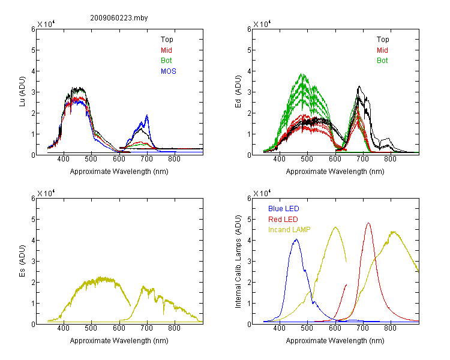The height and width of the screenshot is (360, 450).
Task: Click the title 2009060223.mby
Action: coord(119,18)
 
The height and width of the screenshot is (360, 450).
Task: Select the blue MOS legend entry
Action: coord(169,71)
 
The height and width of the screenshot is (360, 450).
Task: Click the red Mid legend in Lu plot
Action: coord(166,50)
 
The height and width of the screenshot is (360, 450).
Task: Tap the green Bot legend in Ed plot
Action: coord(382,61)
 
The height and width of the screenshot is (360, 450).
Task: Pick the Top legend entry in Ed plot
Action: coord(383,40)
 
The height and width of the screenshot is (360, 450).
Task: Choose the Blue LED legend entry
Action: coord(284,209)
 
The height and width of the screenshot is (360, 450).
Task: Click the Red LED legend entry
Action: coord(283,220)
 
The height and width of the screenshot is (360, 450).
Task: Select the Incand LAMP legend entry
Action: coord(289,230)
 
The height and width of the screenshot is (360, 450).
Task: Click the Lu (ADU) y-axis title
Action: coord(22,92)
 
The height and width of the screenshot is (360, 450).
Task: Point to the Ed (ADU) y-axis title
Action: coord(238,92)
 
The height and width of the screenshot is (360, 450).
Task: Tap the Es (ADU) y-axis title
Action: coord(22,261)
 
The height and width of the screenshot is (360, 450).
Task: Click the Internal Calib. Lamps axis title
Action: coord(238,261)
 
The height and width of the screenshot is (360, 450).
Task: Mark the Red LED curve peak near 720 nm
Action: coord(368,223)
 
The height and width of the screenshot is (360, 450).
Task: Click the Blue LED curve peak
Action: coord(296,239)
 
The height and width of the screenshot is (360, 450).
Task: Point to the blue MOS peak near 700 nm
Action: coord(147,115)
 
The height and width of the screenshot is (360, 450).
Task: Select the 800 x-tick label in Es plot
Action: coord(174,328)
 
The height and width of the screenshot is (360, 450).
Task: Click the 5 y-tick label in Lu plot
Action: coord(33,50)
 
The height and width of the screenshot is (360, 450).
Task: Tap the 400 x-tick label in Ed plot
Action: coord(279,159)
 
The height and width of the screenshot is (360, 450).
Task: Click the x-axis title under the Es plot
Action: coord(119,341)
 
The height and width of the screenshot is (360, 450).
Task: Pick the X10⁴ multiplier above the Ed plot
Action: coord(262,24)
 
